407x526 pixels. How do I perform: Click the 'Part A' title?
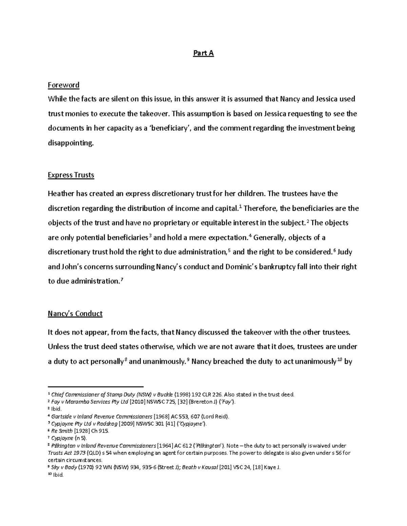(203, 53)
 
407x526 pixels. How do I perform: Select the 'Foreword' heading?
(63, 85)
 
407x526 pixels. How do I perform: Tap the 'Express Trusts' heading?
(71, 175)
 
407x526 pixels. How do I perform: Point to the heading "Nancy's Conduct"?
(75, 314)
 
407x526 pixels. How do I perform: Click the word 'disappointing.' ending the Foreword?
(70, 143)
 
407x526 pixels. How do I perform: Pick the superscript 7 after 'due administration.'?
(122, 279)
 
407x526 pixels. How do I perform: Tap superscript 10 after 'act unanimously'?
(340, 360)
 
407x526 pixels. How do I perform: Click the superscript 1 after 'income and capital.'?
(240, 207)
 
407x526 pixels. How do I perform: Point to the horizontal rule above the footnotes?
(96, 386)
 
